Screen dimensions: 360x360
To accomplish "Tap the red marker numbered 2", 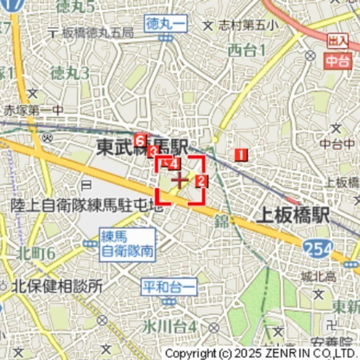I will (x=201, y=181).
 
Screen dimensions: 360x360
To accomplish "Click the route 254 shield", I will (x=316, y=247).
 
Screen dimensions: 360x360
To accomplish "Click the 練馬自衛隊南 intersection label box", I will (x=128, y=244).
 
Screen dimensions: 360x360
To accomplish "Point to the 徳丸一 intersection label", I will (x=165, y=24).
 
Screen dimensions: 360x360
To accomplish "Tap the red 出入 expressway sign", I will (x=337, y=40).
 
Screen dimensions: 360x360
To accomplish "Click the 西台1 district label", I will (x=246, y=51).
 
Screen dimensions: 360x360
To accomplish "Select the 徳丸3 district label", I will (x=70, y=73).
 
